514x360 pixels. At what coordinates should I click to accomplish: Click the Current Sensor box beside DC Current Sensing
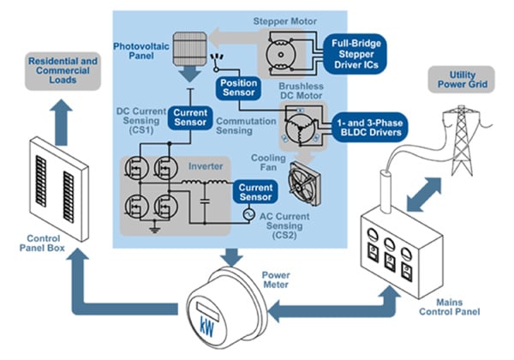(x=188, y=118)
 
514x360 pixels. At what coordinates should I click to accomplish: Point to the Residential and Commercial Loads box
(x=67, y=70)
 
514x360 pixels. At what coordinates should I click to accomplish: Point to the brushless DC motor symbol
(x=297, y=128)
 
